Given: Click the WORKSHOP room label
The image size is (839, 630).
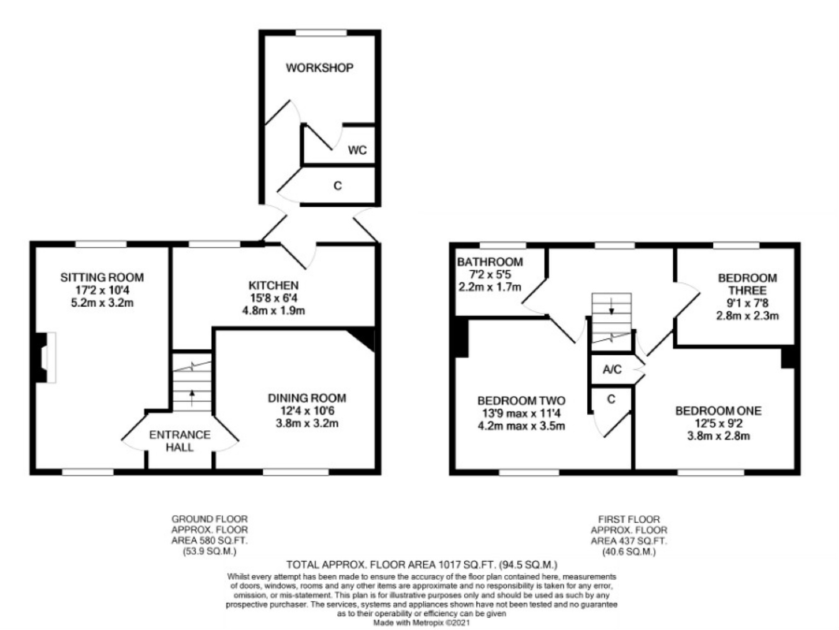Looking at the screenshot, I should pyautogui.click(x=319, y=68).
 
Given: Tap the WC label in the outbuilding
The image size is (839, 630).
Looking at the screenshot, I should pyautogui.click(x=357, y=150).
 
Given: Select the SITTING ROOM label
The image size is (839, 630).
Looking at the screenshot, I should pyautogui.click(x=102, y=278).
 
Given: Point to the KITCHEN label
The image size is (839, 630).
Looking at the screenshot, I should pyautogui.click(x=273, y=285).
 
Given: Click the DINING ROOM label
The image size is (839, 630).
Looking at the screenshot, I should pyautogui.click(x=307, y=398).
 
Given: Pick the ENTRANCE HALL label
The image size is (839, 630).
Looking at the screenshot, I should pyautogui.click(x=180, y=441).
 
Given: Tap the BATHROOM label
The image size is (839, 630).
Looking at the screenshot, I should pyautogui.click(x=490, y=262).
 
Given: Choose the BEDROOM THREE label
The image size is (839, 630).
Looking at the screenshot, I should pyautogui.click(x=747, y=284).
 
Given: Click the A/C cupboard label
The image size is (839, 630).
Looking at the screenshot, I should pyautogui.click(x=612, y=369).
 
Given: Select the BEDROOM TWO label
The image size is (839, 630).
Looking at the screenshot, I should pyautogui.click(x=521, y=401).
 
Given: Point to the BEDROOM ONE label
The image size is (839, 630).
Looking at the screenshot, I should pyautogui.click(x=718, y=411).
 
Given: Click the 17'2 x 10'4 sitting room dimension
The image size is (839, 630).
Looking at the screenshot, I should pyautogui.click(x=102, y=290).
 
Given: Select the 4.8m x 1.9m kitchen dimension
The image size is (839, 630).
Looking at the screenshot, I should pyautogui.click(x=273, y=310).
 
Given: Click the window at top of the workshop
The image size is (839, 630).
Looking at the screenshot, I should pyautogui.click(x=321, y=33).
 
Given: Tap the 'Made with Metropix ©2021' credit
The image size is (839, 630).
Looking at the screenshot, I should pyautogui.click(x=421, y=623).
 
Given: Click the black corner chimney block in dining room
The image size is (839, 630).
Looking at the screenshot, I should pyautogui.click(x=364, y=338).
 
